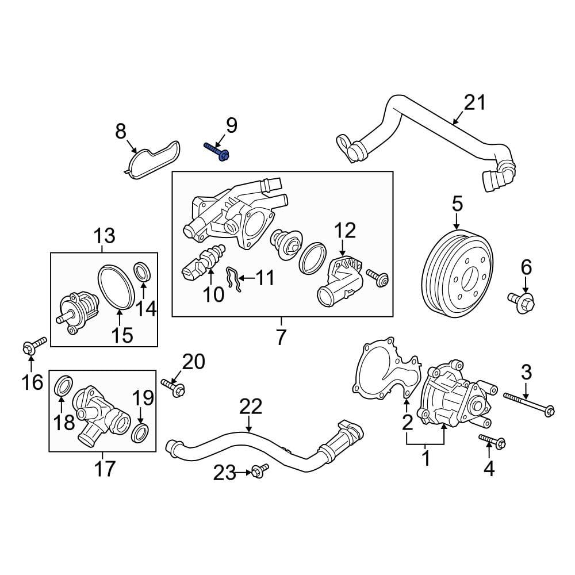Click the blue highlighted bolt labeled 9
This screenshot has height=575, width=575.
tap(217, 151)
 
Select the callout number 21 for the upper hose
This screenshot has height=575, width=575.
tap(475, 103)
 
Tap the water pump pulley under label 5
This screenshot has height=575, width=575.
tap(458, 275)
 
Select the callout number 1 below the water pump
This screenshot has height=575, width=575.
tap(426, 458)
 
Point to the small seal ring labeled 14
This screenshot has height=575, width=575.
tap(142, 271)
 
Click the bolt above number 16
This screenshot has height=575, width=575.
tap(31, 345)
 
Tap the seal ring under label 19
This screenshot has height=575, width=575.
tap(140, 432)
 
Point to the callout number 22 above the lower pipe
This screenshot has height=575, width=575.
tap(251, 407)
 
